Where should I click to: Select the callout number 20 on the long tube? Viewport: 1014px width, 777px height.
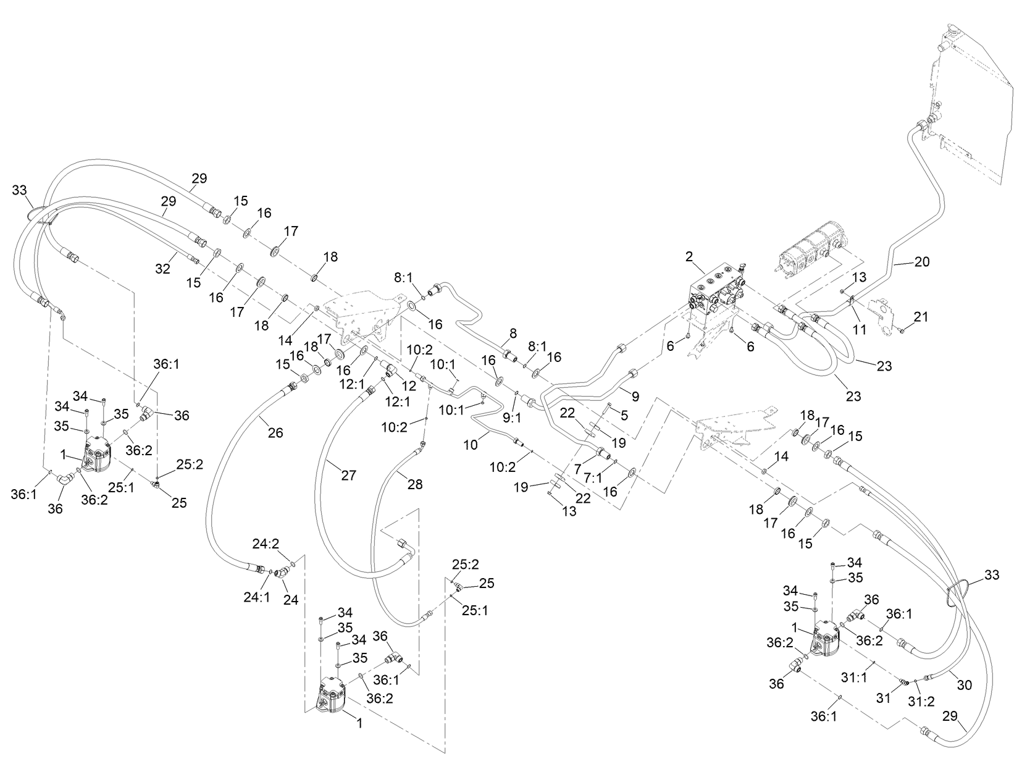[x=921, y=262]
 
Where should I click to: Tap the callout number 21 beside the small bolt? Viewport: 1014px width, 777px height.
[x=921, y=317]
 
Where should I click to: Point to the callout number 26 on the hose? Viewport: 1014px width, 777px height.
[x=275, y=433]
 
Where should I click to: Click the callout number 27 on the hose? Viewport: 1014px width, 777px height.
[x=348, y=475]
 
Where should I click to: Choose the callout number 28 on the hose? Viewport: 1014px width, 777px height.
[x=415, y=485]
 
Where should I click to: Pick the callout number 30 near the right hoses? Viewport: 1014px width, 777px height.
[x=964, y=685]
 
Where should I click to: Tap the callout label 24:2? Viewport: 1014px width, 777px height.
[x=266, y=544]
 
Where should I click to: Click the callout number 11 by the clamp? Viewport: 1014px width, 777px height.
[x=858, y=330]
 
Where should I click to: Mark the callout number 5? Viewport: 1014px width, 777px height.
[x=624, y=416]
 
